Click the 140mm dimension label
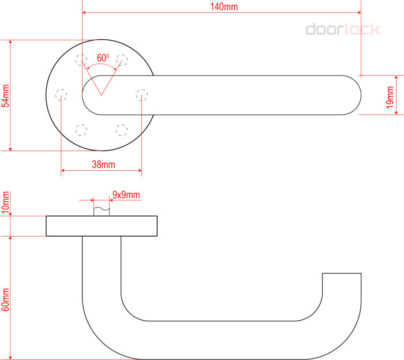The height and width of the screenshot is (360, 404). pyautogui.click(x=224, y=7)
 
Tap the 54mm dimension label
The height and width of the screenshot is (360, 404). pyautogui.click(x=6, y=96)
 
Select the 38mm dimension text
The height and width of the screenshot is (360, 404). pyautogui.click(x=103, y=164)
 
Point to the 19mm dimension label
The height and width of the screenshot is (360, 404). pyautogui.click(x=390, y=97)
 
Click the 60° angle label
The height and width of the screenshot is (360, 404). pyautogui.click(x=103, y=58)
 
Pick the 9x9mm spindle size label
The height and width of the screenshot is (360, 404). pyautogui.click(x=126, y=194)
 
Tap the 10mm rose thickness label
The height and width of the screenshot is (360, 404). pyautogui.click(x=6, y=202)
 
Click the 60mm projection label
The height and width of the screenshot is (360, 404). pyautogui.click(x=6, y=299)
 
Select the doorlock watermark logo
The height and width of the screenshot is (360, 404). pyautogui.click(x=343, y=29)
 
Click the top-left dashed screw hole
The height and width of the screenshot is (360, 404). pyautogui.click(x=81, y=60)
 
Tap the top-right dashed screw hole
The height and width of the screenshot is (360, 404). pyautogui.click(x=122, y=60)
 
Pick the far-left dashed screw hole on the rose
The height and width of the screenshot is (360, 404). pyautogui.click(x=61, y=95)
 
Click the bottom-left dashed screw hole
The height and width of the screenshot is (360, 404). pyautogui.click(x=81, y=130)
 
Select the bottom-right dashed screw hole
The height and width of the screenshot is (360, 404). pyautogui.click(x=122, y=130)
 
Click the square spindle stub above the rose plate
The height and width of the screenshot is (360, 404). pyautogui.click(x=102, y=211)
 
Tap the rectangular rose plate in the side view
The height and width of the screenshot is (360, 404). pyautogui.click(x=102, y=226)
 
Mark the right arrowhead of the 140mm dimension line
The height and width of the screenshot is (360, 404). pyautogui.click(x=359, y=12)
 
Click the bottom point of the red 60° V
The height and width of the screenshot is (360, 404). pyautogui.click(x=101, y=95)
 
